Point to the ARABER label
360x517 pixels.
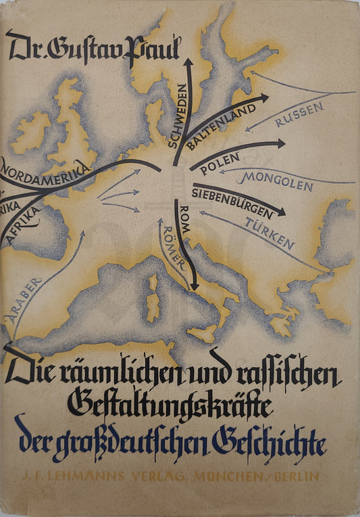24,297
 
